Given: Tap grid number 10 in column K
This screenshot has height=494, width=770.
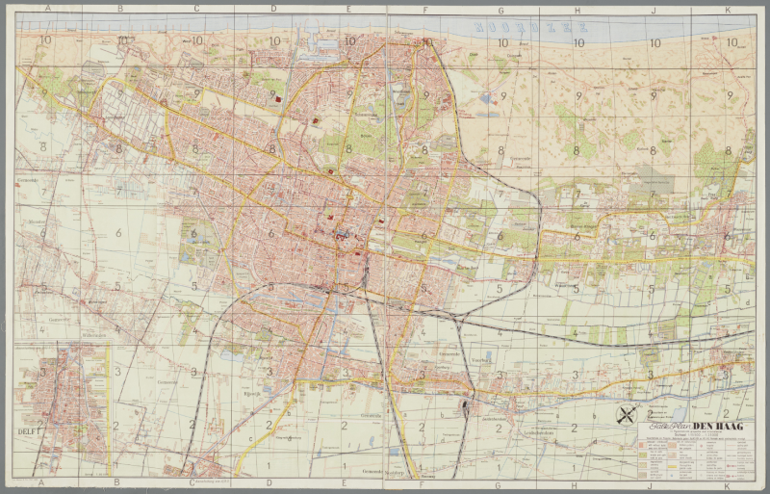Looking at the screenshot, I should click(x=731, y=42).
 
